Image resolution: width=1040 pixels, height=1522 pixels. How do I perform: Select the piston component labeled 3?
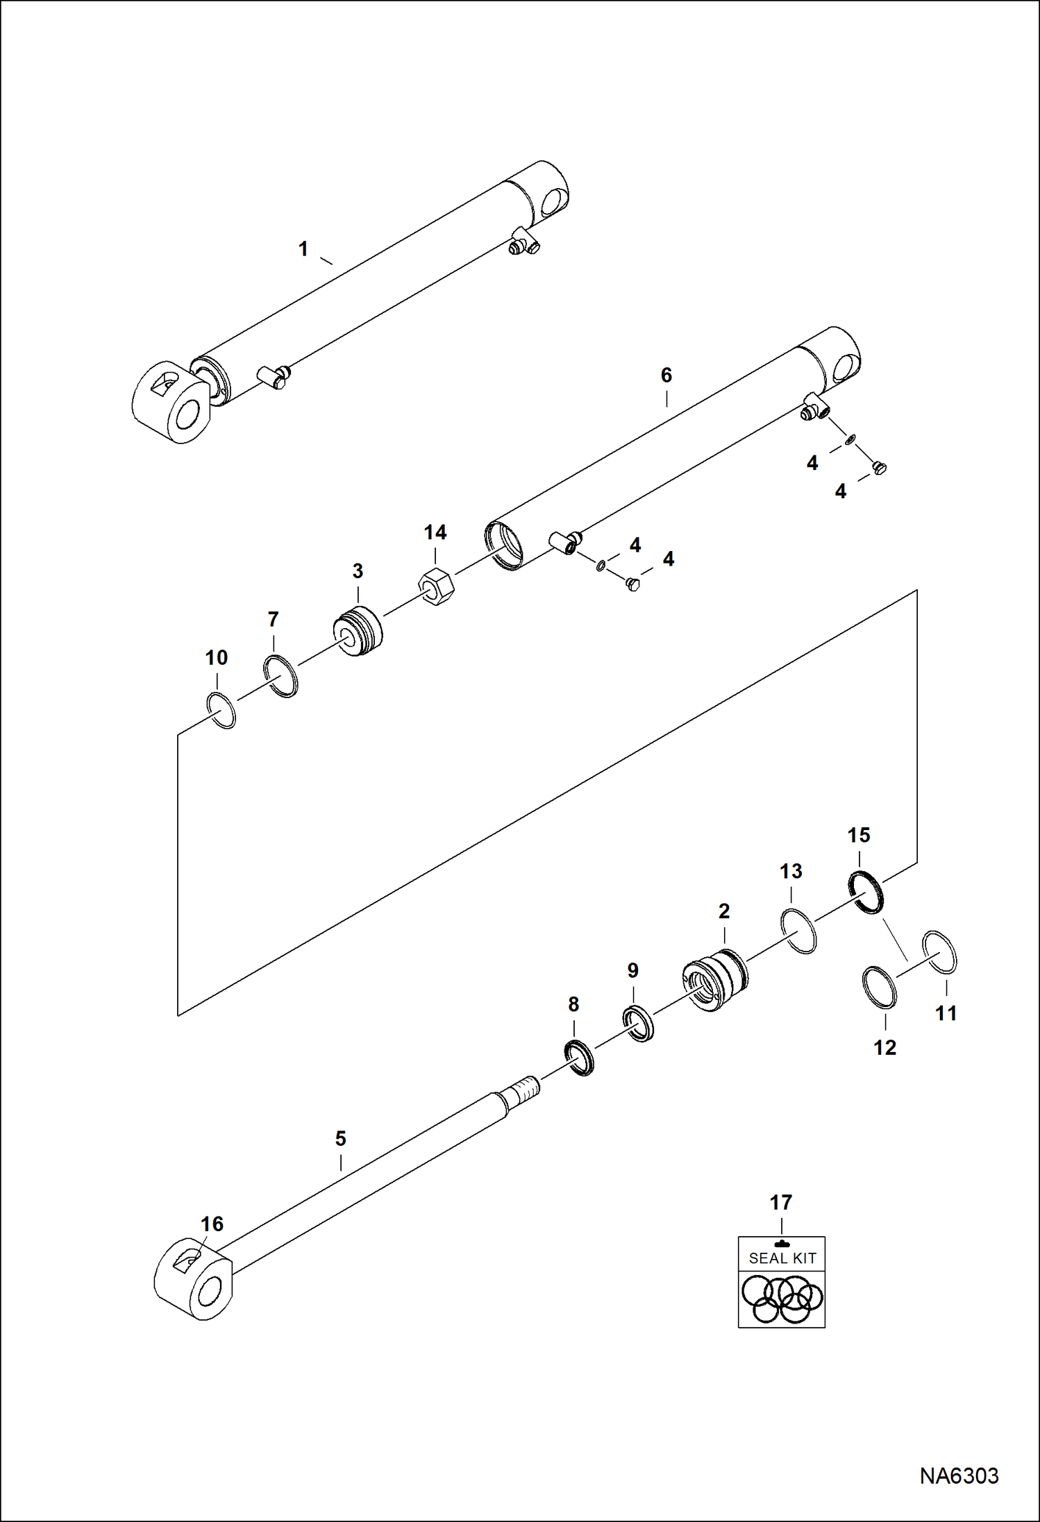(358, 631)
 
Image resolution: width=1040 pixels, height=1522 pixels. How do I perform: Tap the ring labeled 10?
(222, 710)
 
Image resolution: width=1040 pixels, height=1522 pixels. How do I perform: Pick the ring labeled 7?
(281, 675)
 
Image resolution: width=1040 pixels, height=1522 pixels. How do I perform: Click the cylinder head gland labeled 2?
(715, 979)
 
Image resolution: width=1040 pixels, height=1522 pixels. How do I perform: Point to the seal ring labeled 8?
(579, 1058)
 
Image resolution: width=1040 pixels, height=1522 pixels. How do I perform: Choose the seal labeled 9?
(638, 1023)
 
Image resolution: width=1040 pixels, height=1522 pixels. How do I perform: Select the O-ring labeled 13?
(798, 931)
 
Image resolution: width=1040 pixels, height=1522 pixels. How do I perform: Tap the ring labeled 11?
(939, 952)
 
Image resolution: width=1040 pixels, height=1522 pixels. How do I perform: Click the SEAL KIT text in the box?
(782, 1258)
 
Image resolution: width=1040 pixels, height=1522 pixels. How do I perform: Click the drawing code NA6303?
(959, 1475)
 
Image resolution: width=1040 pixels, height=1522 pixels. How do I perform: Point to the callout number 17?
(780, 1202)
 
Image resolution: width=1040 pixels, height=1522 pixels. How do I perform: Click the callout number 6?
(666, 375)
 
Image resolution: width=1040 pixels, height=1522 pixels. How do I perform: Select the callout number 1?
(303, 249)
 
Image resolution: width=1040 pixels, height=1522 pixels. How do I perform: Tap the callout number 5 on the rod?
(340, 1138)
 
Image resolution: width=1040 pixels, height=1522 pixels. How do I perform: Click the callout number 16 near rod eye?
(212, 1224)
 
